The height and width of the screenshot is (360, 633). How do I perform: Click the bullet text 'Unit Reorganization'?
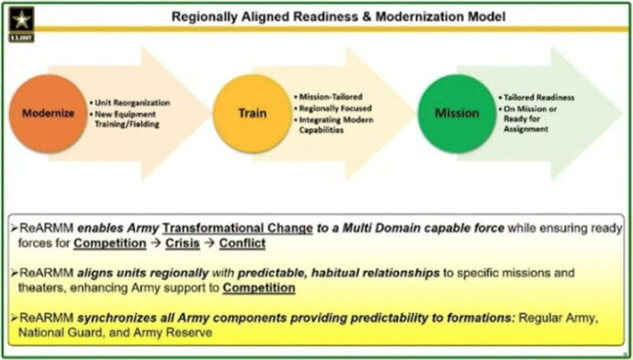pos(132,102)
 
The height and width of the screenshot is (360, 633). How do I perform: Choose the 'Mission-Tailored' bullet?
pos(333,96)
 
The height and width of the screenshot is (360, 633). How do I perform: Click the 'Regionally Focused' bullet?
pos(339,108)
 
